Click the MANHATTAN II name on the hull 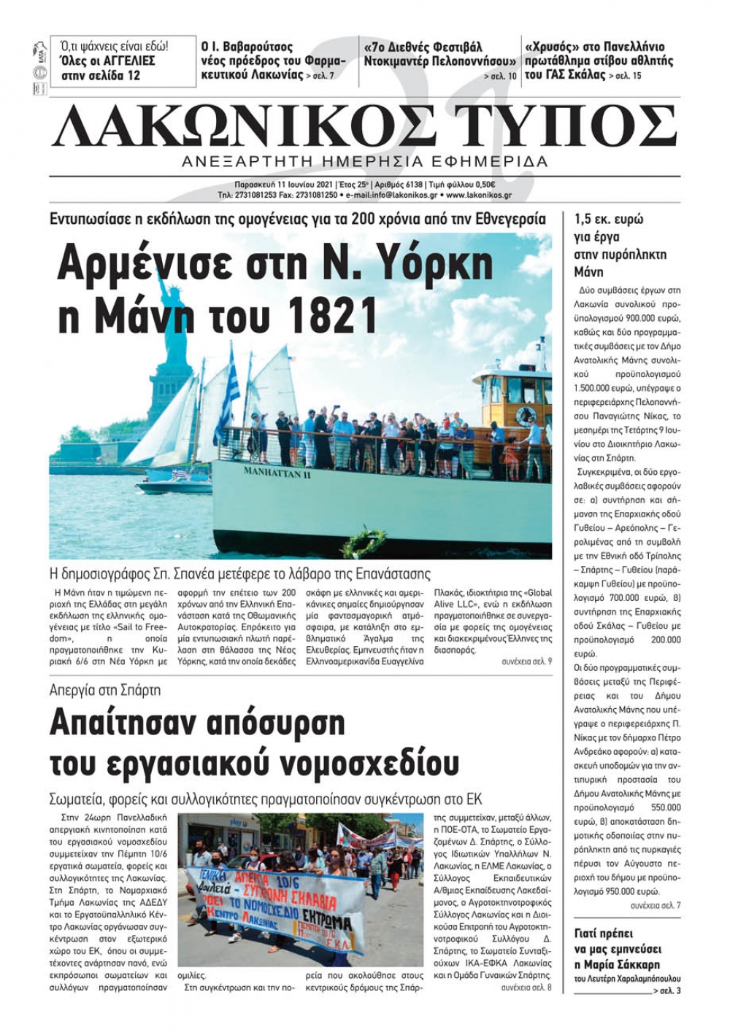pyautogui.click(x=277, y=473)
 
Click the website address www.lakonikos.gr pyautogui.click(x=479, y=195)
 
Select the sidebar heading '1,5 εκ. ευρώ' pyautogui.click(x=608, y=220)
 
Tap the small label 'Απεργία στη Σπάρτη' pyautogui.click(x=105, y=690)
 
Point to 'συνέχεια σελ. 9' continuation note pyautogui.click(x=526, y=662)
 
